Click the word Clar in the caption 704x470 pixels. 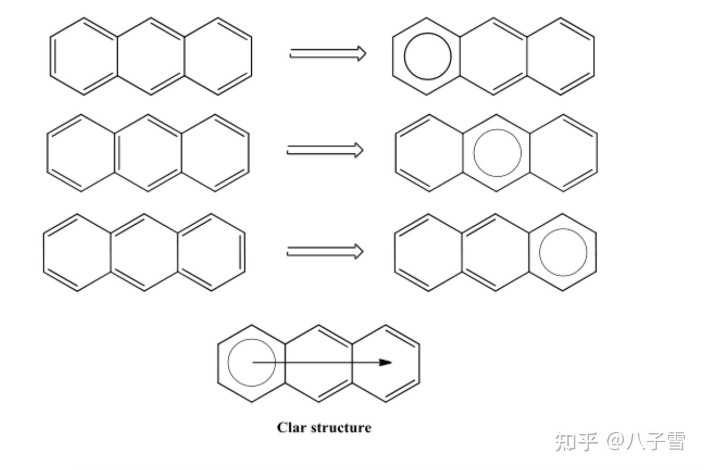pos(291,427)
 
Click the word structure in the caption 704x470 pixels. pos(341,427)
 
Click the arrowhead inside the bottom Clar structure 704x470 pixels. pos(386,363)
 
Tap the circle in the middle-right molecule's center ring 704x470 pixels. pos(497,153)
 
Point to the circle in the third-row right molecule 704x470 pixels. pos(563,252)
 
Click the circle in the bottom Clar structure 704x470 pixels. pos(251,363)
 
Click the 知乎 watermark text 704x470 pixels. pos(576,442)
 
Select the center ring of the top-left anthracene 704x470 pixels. pos(151,57)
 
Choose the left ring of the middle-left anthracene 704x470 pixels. pos(81,153)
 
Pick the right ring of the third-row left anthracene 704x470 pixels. pos(211,252)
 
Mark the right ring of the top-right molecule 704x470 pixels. pos(560,57)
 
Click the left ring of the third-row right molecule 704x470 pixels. pos(429,252)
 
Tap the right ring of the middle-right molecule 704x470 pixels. pos(563,153)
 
